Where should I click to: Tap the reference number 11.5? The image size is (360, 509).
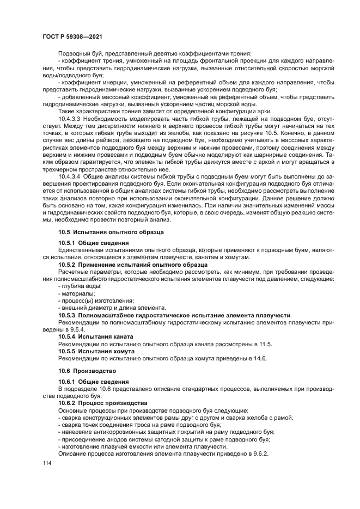tap(265, 345)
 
